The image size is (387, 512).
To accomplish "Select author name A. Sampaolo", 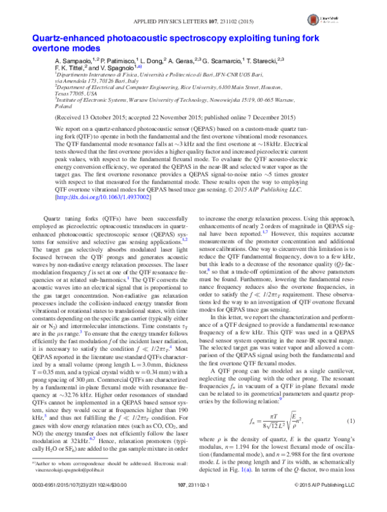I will point(73,59).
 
